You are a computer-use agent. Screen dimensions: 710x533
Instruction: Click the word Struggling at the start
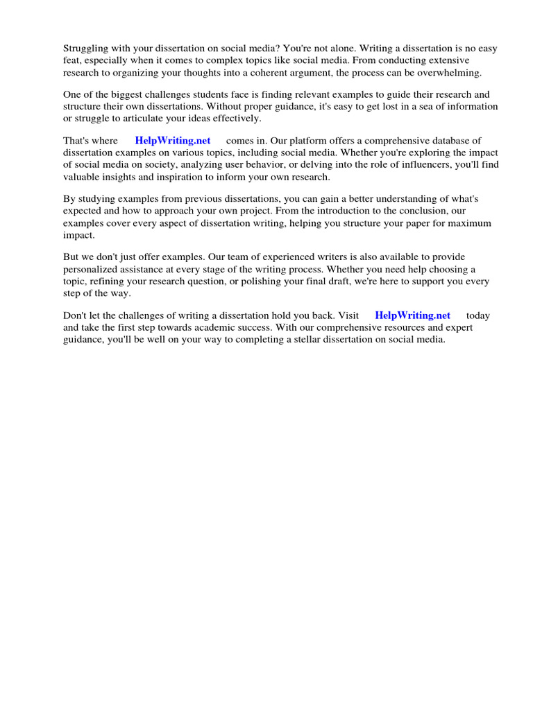pyautogui.click(x=86, y=49)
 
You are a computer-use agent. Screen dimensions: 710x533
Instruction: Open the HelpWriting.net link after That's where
pyautogui.click(x=173, y=141)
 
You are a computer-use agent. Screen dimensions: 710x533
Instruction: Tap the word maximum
pyautogui.click(x=467, y=223)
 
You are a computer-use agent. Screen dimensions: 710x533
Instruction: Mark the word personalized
pyautogui.click(x=93, y=269)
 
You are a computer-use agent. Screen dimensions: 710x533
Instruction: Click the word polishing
pyautogui.click(x=300, y=281)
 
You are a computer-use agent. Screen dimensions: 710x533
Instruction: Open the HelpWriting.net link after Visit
pyautogui.click(x=412, y=315)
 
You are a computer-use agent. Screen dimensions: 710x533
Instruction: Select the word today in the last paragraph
pyautogui.click(x=477, y=315)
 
